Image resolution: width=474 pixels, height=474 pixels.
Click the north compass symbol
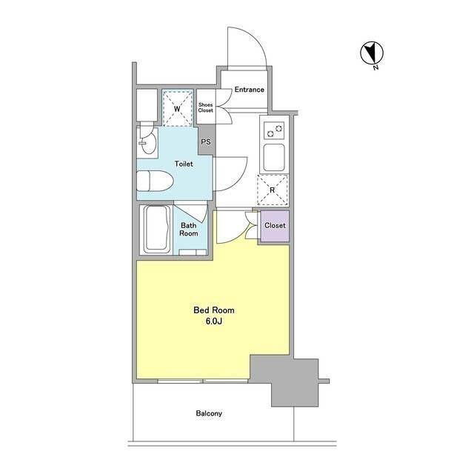[x=372, y=53]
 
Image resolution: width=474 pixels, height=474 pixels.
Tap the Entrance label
[x=250, y=90]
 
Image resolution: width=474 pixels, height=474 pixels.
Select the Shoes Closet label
[x=206, y=107]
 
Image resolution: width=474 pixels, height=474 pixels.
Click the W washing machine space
[x=178, y=108]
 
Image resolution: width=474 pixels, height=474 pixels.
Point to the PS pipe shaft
[x=206, y=141]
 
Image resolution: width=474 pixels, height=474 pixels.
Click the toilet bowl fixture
[x=155, y=181]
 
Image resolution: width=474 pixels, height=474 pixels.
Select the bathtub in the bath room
[x=156, y=229]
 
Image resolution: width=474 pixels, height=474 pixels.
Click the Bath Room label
[x=189, y=230]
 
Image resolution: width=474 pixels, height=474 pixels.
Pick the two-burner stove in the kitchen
[x=274, y=130]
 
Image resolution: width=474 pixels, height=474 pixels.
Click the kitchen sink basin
[x=274, y=158]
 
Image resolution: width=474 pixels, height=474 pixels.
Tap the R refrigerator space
[x=272, y=190]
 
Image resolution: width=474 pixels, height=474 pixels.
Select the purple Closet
[x=275, y=226]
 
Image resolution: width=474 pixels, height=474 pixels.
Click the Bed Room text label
[x=214, y=310]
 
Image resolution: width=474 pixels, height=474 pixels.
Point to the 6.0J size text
[x=214, y=321]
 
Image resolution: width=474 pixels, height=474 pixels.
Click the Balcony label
[x=209, y=413]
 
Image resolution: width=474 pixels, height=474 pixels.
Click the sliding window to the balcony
[x=203, y=381]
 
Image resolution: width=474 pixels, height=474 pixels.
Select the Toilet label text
[x=184, y=164]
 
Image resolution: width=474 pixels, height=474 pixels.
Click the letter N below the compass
[x=375, y=67]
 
